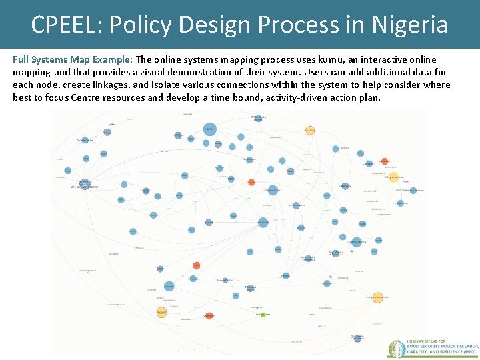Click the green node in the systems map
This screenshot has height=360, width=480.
pos(263,313)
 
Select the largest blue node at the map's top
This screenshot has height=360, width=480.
pos(209,128)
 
